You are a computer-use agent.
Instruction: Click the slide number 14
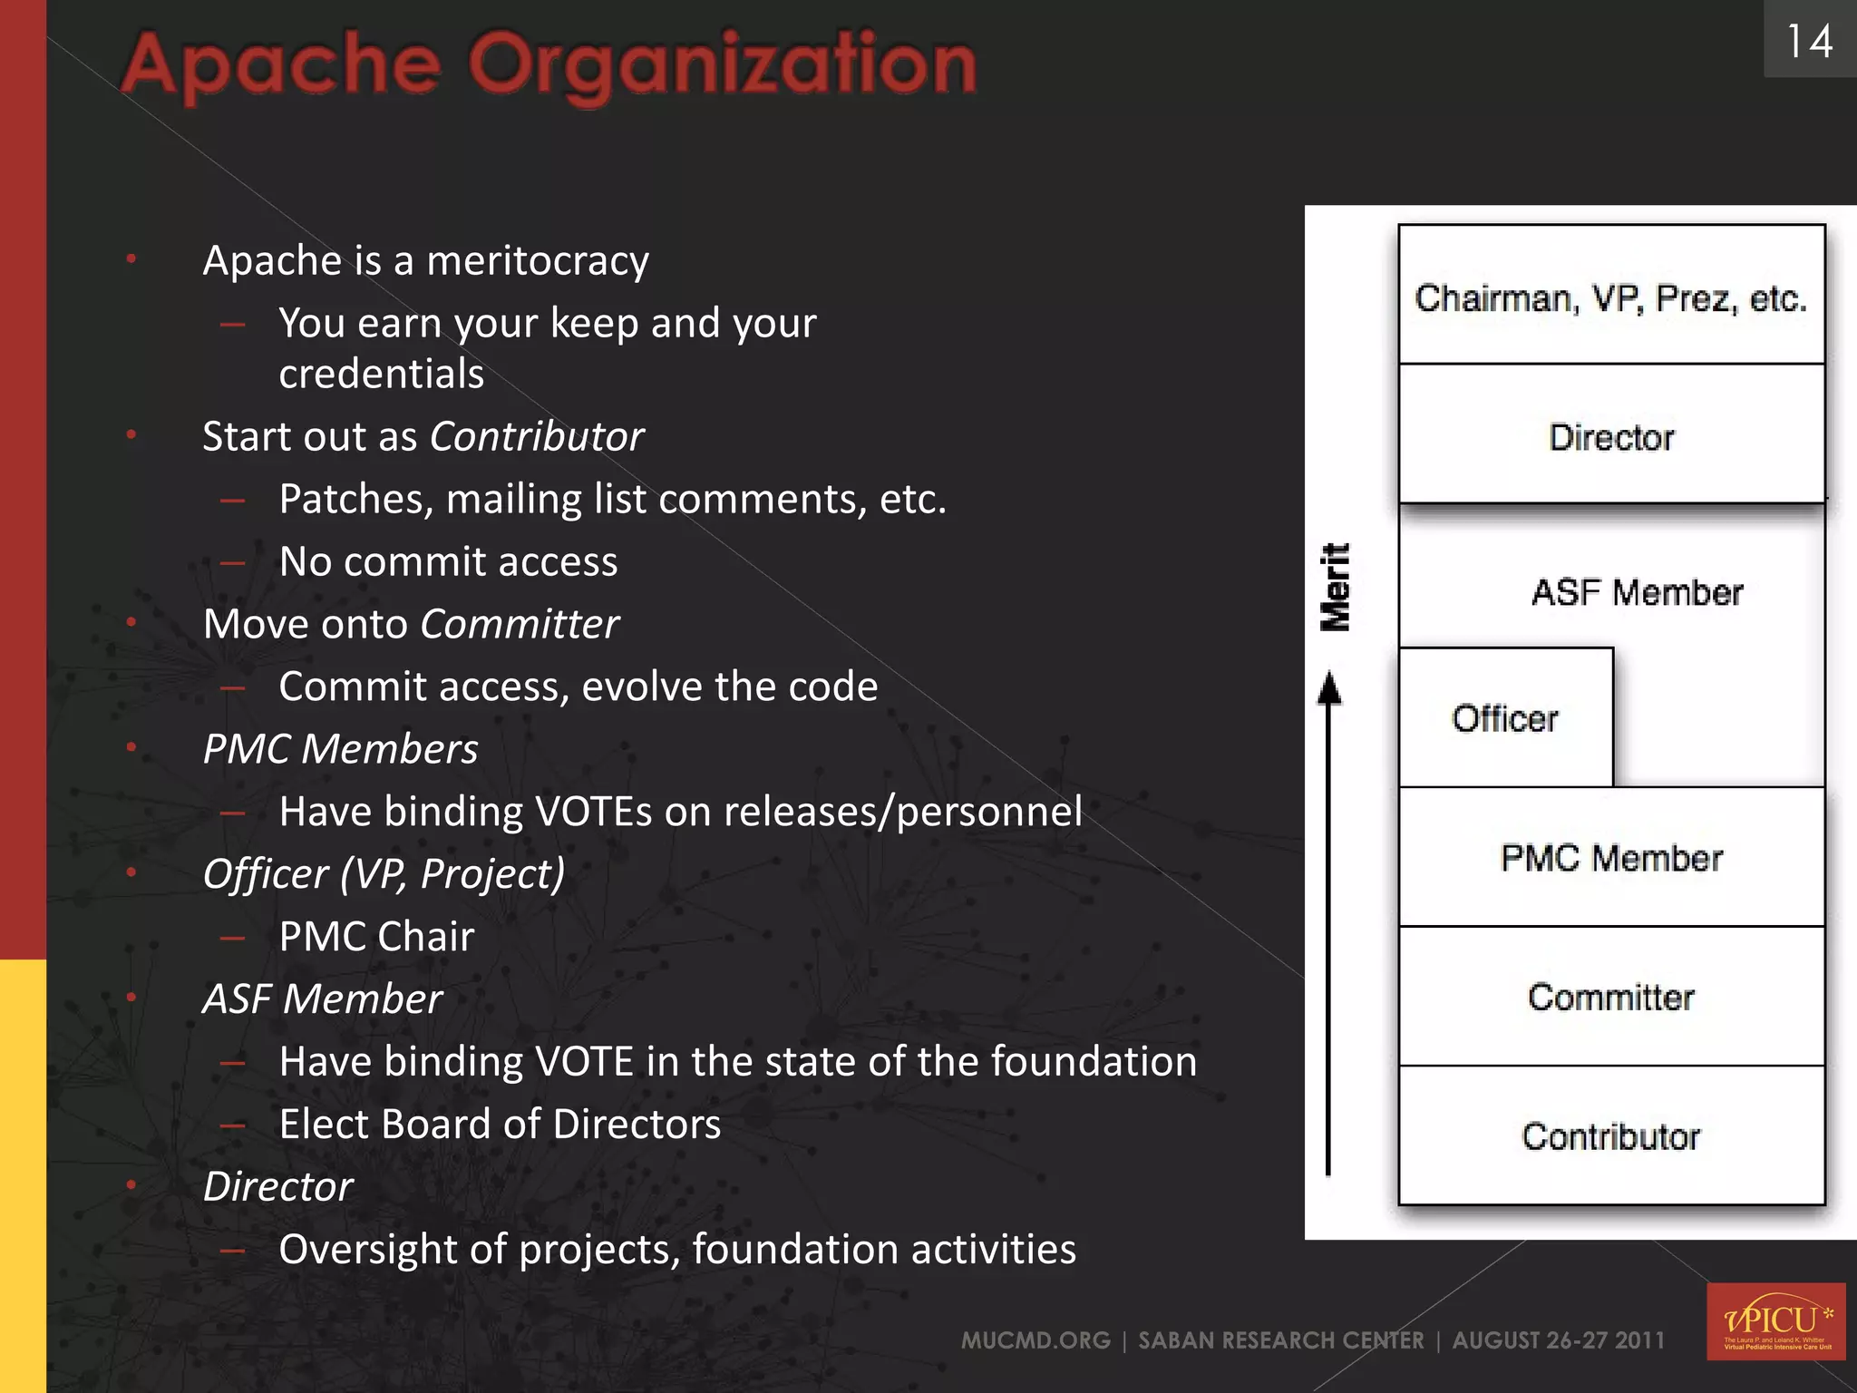[1809, 41]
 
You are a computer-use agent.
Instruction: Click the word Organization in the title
[722, 65]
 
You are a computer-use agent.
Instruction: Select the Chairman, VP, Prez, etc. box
[1610, 297]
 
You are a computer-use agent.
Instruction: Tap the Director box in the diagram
[1610, 436]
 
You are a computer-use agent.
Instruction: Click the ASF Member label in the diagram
[1637, 592]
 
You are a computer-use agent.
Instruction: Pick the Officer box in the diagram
[1505, 717]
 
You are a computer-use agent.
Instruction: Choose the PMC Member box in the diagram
[1610, 857]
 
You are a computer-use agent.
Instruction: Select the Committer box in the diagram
[1610, 997]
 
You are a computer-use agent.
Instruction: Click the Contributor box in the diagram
[1610, 1135]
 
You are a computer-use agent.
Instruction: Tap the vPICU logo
[1774, 1320]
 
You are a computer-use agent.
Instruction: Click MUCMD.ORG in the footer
[1035, 1340]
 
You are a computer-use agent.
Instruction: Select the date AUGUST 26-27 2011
[1558, 1340]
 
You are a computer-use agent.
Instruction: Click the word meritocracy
[538, 261]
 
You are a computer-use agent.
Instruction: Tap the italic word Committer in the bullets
[520, 625]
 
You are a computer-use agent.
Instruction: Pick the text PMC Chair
[376, 937]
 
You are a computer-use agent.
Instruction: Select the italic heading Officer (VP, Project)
[384, 874]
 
